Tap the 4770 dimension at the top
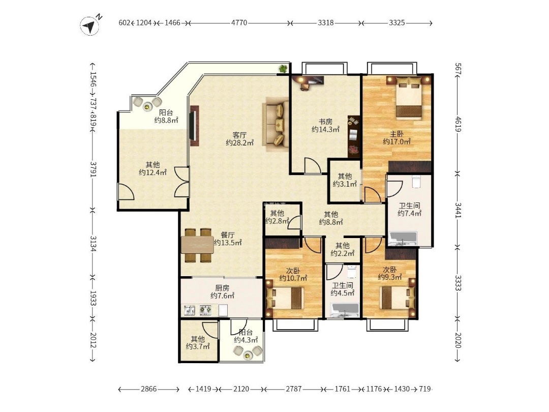point(239,23)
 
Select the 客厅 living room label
point(240,135)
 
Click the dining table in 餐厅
point(197,245)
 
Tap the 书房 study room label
point(325,122)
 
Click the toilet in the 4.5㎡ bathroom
point(352,271)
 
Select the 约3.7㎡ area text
point(198,346)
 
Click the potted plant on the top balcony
point(283,68)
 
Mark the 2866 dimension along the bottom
point(149,389)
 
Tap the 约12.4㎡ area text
point(152,172)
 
